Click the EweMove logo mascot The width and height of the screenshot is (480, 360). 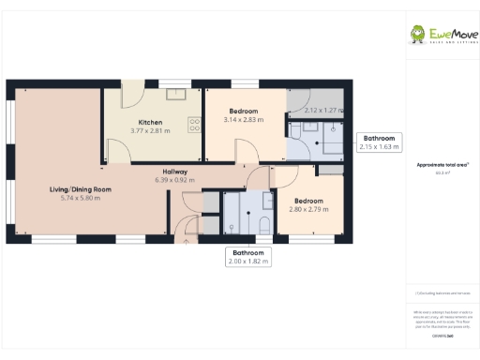[x=417, y=35]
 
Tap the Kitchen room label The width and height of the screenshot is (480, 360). [x=150, y=123]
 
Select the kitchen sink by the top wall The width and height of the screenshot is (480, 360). [x=176, y=93]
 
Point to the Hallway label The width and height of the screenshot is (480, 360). [x=174, y=172]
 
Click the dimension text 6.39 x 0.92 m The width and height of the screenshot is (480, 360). [x=174, y=180]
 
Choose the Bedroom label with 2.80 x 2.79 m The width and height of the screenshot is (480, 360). [x=308, y=202]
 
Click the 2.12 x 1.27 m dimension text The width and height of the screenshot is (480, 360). [x=323, y=112]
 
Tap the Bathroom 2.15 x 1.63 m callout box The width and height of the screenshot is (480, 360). [x=380, y=142]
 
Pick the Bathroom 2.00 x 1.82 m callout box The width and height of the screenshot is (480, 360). [x=249, y=257]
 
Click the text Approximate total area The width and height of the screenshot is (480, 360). [x=442, y=164]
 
